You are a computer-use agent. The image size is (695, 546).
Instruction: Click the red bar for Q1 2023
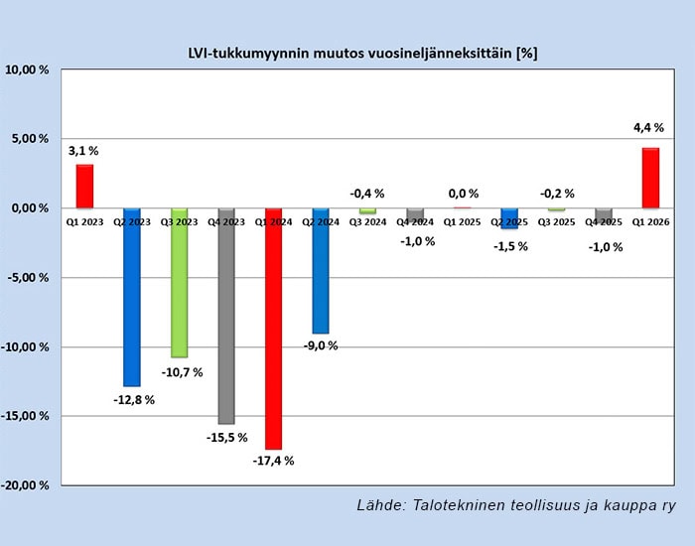pyautogui.click(x=84, y=186)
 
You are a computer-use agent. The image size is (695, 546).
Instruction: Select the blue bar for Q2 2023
pyautogui.click(x=132, y=297)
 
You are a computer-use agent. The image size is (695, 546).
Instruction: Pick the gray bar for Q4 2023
pyautogui.click(x=226, y=316)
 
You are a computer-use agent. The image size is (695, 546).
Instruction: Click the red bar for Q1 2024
pyautogui.click(x=274, y=329)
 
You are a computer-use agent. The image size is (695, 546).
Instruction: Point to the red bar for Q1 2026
pyautogui.click(x=650, y=178)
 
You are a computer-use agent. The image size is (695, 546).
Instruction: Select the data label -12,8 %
pyautogui.click(x=135, y=399)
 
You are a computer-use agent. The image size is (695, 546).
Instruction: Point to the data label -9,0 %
pyautogui.click(x=320, y=345)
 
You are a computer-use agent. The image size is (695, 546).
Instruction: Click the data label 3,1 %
pyautogui.click(x=83, y=151)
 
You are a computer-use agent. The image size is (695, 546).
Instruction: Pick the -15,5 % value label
pyautogui.click(x=227, y=438)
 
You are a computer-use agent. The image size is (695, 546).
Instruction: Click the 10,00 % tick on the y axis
pyautogui.click(x=29, y=69)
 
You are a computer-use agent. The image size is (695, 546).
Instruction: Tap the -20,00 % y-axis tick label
pyautogui.click(x=27, y=485)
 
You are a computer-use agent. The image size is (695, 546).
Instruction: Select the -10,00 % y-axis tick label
pyautogui.click(x=27, y=346)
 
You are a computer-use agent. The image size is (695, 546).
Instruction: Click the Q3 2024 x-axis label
pyautogui.click(x=367, y=222)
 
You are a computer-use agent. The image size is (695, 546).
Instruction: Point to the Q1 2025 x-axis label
pyautogui.click(x=462, y=222)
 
